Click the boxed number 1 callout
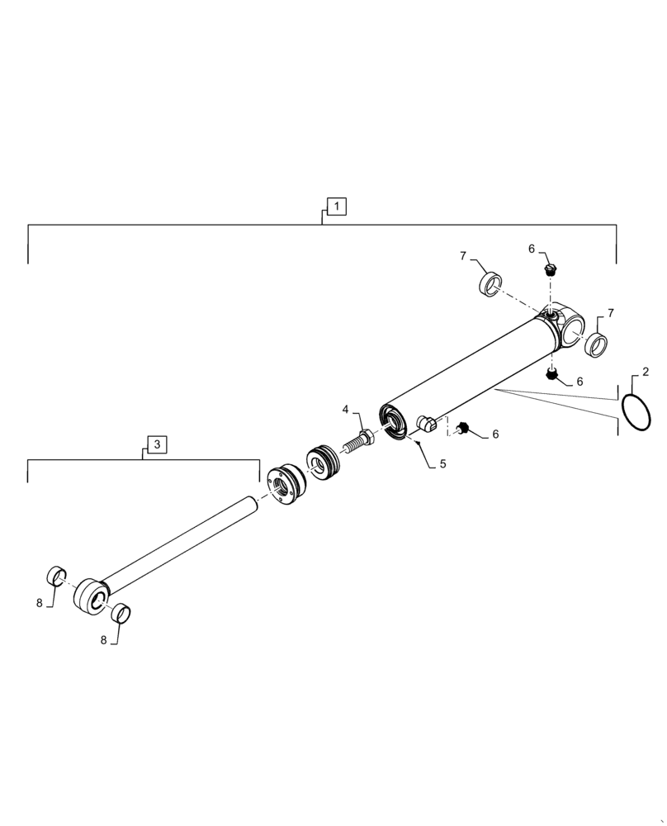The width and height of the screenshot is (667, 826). point(337,206)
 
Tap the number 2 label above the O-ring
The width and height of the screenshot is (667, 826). point(646,372)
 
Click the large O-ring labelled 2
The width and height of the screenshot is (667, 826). point(636,411)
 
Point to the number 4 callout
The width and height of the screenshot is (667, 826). point(347,409)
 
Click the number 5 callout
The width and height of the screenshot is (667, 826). point(442,464)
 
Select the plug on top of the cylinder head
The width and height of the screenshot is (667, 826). point(551,268)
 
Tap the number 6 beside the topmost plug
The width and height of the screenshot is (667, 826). point(532,249)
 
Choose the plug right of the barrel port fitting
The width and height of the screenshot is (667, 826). point(462,428)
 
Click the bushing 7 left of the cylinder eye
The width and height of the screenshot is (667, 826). point(492,283)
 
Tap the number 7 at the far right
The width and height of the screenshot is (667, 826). point(610,313)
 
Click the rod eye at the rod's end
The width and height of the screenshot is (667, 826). point(90,596)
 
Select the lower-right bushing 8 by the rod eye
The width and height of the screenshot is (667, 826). point(121,614)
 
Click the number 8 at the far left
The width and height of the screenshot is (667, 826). point(39,603)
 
